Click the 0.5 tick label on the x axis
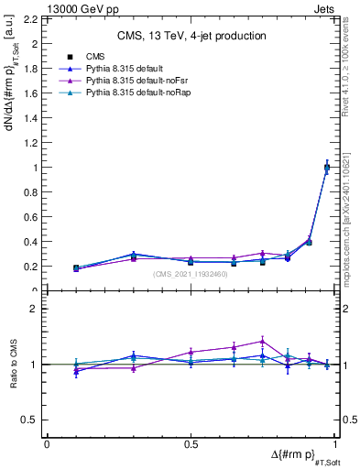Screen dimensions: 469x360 190,444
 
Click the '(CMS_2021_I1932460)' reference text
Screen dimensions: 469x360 191,274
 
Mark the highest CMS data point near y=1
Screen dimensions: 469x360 327,167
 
